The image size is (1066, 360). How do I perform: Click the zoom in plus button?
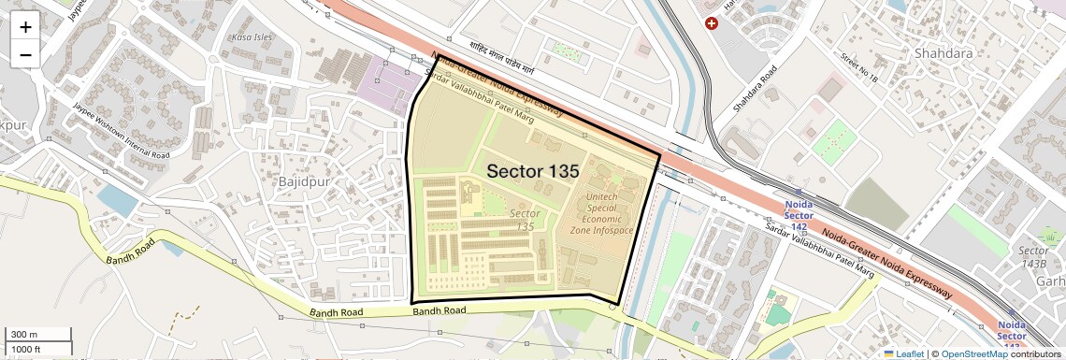tap(25, 27)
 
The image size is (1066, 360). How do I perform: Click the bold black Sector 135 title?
tap(533, 171)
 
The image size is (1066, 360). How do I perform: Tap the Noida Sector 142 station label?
tap(799, 214)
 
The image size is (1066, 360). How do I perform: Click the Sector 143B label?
tap(1032, 257)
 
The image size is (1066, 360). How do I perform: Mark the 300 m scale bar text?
tap(24, 335)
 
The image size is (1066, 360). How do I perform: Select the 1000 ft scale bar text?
tap(26, 349)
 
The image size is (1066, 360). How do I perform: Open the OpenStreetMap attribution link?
tap(974, 353)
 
